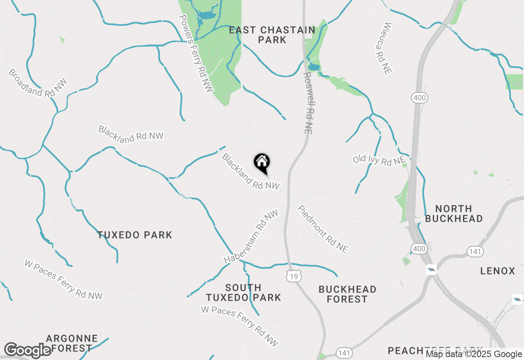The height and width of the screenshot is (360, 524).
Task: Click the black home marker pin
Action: pyautogui.click(x=262, y=163)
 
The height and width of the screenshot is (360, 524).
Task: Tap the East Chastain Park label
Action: pyautogui.click(x=272, y=35)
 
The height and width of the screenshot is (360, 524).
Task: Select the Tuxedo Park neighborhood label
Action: pyautogui.click(x=135, y=235)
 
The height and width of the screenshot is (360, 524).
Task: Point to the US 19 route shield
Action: pyautogui.click(x=294, y=277)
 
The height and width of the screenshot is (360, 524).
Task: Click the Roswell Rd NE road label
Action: pyautogui.click(x=308, y=103)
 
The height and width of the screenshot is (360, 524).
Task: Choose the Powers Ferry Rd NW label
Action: pyautogui.click(x=196, y=54)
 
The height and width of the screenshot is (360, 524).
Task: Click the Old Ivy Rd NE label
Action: pyautogui.click(x=379, y=160)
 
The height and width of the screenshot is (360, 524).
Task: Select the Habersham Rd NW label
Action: pyautogui.click(x=251, y=237)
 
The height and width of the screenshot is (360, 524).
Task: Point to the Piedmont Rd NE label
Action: pyautogui.click(x=323, y=229)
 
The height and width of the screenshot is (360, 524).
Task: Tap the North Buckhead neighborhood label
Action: pyautogui.click(x=454, y=214)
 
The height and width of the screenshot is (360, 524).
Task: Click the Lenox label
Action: pyautogui.click(x=497, y=271)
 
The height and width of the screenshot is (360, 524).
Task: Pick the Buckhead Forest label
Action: pyautogui.click(x=347, y=294)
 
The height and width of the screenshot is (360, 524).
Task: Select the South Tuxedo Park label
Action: pyautogui.click(x=243, y=292)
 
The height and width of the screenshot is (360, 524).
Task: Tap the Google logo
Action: pyautogui.click(x=27, y=351)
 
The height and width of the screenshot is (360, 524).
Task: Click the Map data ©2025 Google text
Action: pyautogui.click(x=474, y=354)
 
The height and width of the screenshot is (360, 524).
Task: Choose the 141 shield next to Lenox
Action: pyautogui.click(x=475, y=251)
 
